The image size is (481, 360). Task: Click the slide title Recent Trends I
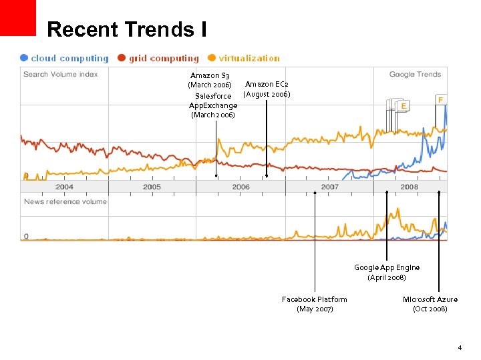(127, 29)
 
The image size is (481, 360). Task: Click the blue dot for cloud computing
(24, 58)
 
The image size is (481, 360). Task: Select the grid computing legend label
(164, 58)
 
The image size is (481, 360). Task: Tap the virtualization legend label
(249, 58)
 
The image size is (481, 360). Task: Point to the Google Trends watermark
(415, 75)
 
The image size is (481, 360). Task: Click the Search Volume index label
(60, 74)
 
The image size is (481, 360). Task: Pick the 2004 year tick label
(65, 187)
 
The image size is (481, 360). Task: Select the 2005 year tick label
(152, 187)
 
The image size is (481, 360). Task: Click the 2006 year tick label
(241, 187)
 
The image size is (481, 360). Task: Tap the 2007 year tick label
(330, 187)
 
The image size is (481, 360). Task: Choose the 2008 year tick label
(410, 187)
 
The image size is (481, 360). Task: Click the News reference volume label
(65, 201)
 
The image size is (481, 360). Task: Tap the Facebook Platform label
(315, 304)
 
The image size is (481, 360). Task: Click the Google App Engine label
(387, 272)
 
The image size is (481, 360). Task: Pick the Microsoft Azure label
(430, 304)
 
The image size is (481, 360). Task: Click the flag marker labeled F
(441, 99)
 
